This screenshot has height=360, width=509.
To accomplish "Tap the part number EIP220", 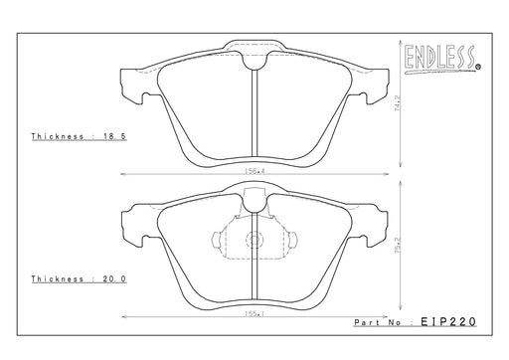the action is tap(448, 321).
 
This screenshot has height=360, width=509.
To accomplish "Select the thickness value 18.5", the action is tap(115, 136).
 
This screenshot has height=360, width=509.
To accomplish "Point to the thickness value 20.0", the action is tap(114, 278).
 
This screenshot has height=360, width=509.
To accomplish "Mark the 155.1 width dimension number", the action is tap(254, 314).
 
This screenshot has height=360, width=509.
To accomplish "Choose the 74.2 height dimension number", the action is tap(398, 103).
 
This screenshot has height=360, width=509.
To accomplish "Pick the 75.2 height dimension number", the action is tap(398, 246).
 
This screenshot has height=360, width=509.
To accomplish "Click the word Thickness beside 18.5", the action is tap(58, 136).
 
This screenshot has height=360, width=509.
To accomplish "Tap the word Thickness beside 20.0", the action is tap(58, 278).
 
